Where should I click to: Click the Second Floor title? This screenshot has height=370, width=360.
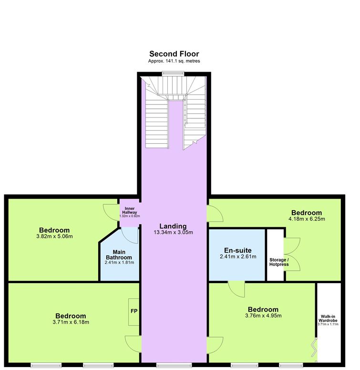coord(174,54)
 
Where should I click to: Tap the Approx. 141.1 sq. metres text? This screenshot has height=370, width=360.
coord(174,61)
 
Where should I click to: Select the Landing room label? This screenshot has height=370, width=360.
coord(173,226)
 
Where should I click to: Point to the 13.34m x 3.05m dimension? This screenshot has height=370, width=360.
coord(173,232)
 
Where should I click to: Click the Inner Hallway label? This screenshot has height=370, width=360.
coord(130,210)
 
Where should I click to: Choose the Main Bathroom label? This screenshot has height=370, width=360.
coord(119,254)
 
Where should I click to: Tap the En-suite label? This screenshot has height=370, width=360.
coord(238,250)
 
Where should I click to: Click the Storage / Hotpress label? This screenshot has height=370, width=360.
coord(279,262)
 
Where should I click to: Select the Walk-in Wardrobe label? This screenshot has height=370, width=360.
coord(328,318)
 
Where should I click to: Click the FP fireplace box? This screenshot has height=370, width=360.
coord(134,312)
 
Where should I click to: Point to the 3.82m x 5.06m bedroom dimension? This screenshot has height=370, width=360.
coord(54,236)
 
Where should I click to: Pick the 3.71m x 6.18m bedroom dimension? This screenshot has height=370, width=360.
coord(71,322)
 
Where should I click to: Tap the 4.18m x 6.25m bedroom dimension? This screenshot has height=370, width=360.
coord(307,219)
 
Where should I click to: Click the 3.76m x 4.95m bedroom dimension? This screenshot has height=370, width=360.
coord(263,316)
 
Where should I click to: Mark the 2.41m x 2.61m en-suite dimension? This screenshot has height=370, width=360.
coord(238,256)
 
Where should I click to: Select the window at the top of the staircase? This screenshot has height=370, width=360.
coord(173,74)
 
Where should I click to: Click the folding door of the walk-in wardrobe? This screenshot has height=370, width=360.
coord(315,348)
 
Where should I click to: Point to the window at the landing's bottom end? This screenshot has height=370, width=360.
coord(174,366)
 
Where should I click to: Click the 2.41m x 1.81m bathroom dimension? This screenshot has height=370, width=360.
coord(120,263)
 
